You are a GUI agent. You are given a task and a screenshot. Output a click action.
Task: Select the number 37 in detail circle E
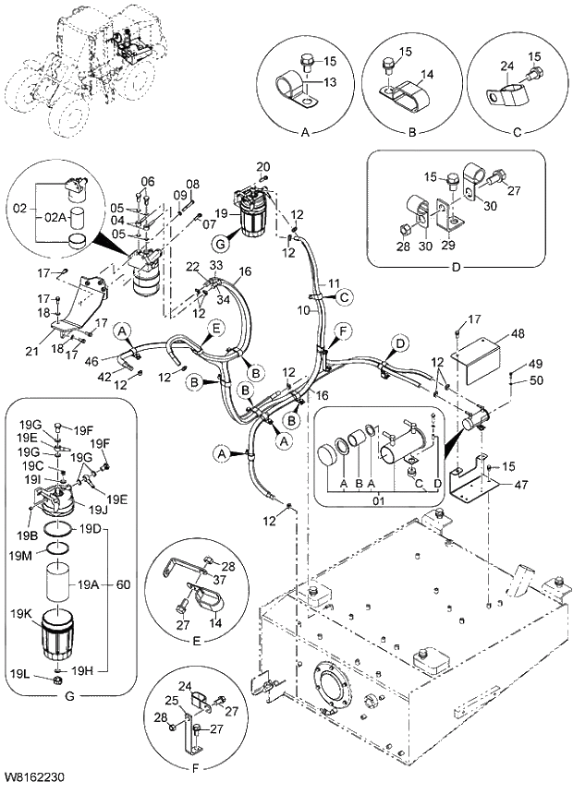220,579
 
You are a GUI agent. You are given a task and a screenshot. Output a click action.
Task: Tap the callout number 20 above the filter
262,166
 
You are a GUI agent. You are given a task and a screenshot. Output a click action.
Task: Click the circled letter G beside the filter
219,245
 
